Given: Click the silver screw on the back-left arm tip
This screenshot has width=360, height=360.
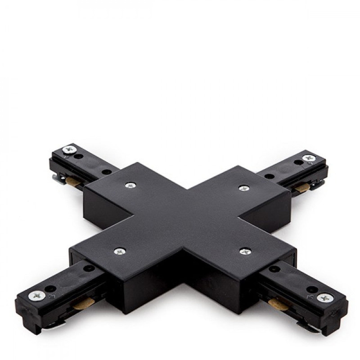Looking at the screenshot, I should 69,148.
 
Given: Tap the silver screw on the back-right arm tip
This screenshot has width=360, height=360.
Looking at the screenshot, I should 309,158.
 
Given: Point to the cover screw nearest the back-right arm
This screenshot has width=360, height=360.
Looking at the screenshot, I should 243,188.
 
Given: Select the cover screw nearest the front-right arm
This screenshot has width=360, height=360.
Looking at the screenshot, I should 245,251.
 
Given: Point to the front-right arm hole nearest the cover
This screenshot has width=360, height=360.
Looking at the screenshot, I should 273,269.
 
